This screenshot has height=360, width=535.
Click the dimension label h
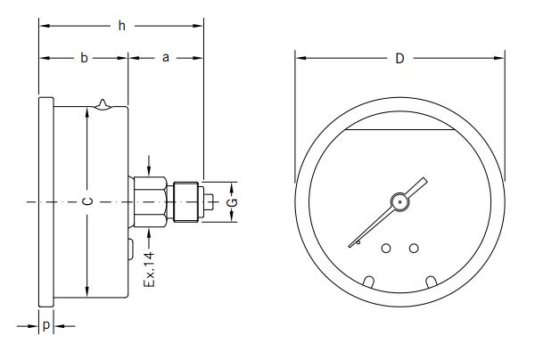coord(121,26)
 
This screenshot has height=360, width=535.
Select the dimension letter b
coord(84,59)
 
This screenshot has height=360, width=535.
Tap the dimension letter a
coord(166,59)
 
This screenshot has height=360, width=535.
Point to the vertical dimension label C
coord(86,202)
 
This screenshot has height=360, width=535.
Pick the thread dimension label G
coord(231,203)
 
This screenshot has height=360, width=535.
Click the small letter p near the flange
coord(45,327)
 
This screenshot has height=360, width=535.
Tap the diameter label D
coord(400,59)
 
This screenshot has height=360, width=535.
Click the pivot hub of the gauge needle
coord(400,202)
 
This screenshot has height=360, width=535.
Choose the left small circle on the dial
coord(386,249)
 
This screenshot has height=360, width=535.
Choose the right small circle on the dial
coord(414,248)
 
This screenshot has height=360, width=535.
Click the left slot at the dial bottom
coord(369,282)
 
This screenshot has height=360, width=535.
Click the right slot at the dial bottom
coord(432,282)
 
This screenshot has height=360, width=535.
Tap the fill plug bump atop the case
coord(106,104)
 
